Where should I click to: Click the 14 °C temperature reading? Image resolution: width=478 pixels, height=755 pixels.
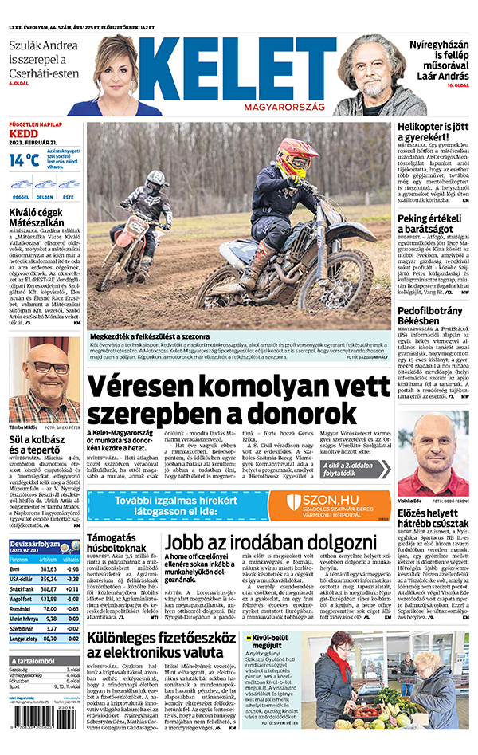tap(24, 159)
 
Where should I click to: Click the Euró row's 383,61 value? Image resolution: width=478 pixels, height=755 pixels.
tap(48, 591)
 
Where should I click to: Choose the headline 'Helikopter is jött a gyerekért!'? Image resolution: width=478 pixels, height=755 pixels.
tap(431, 132)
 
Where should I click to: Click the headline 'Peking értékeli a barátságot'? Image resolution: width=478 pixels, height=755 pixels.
tap(431, 223)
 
